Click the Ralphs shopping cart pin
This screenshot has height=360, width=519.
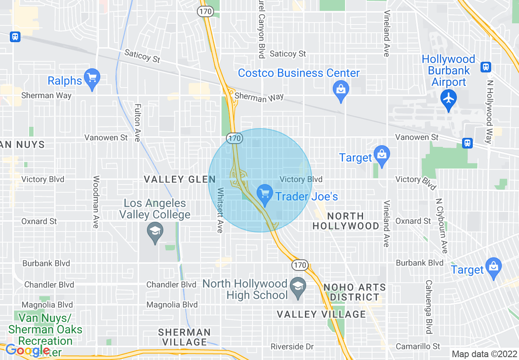coord(92,78)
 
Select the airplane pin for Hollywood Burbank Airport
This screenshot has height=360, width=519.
coord(449,99)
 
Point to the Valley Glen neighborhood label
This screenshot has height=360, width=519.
coord(179,179)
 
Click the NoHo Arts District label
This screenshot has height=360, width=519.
coord(354,292)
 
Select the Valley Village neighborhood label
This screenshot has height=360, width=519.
coord(321,314)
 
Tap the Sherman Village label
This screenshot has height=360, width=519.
coord(184,337)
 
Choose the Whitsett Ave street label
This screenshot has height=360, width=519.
coord(220,210)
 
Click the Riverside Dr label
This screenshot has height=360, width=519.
coord(292,346)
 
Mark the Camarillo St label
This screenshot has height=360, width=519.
coord(418,346)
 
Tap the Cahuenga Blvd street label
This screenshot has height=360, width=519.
coord(429,307)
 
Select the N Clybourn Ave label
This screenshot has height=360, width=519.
coord(442,226)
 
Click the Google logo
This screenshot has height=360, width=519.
coord(27,350)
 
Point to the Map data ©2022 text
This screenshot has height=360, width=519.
coord(483,353)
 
